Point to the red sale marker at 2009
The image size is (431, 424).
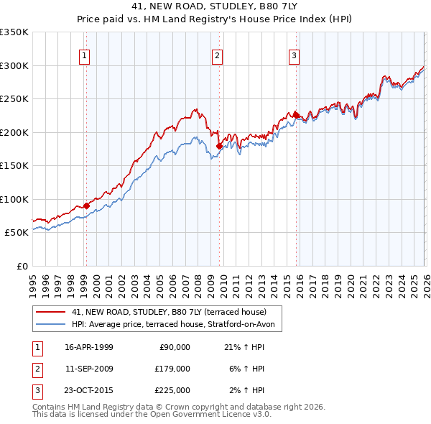tap(219, 147)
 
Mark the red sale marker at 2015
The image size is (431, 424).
tap(296, 115)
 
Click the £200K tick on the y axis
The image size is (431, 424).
tap(14, 132)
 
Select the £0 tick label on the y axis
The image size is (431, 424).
tap(22, 266)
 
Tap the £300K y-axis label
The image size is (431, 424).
tap(14, 65)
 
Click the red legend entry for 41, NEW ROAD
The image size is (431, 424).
tap(169, 312)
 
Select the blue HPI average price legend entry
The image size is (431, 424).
tap(177, 324)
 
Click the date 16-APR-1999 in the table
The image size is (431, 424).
tap(88, 346)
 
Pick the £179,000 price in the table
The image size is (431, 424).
tap(172, 368)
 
